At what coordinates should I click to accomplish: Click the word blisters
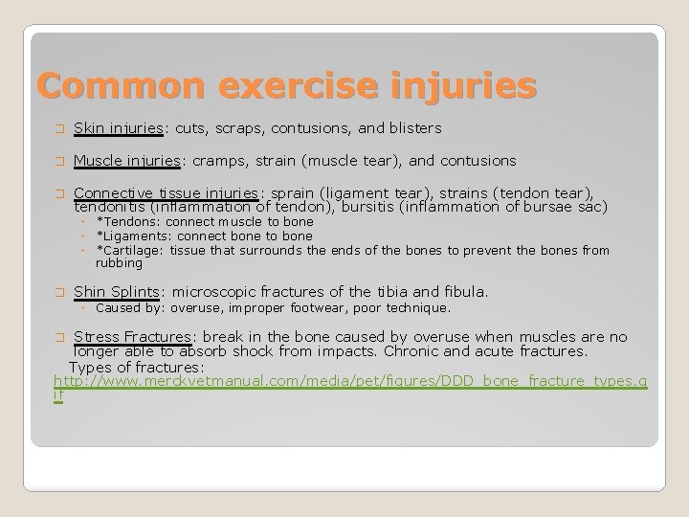click(413, 127)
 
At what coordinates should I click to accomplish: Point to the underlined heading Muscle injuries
click(125, 160)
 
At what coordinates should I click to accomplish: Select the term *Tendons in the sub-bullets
click(132, 221)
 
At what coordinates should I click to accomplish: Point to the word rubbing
click(119, 262)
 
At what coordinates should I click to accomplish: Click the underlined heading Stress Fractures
click(133, 337)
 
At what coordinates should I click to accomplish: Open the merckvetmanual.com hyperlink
click(349, 382)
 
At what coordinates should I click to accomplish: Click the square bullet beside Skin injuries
click(59, 128)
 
